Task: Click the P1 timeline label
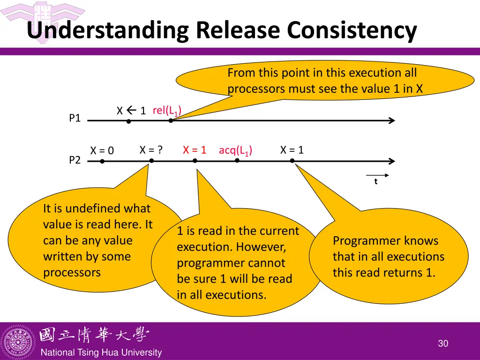pos(75,118)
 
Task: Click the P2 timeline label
pos(75,160)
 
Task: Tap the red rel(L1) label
pos(167,111)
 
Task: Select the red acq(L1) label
pos(235,150)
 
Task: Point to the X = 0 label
pos(102,150)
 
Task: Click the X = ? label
pos(151,150)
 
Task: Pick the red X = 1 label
pos(195,150)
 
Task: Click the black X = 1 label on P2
pos(292,150)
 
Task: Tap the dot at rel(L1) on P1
pos(171,120)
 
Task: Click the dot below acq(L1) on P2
pos(237,160)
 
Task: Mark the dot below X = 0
pos(102,161)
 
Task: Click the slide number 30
pos(443,344)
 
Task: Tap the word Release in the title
pos(239,30)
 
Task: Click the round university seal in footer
pos(18,341)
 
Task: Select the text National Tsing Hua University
pos(101,353)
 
